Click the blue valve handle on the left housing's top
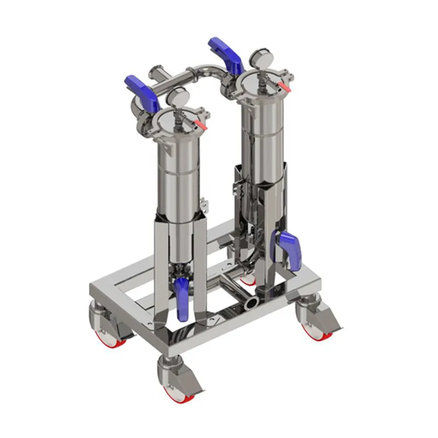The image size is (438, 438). pos(141,90)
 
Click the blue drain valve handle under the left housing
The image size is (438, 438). pos(182,298)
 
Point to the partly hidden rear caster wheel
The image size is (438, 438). pos(248,279)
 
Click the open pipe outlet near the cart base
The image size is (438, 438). pos(253,302)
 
